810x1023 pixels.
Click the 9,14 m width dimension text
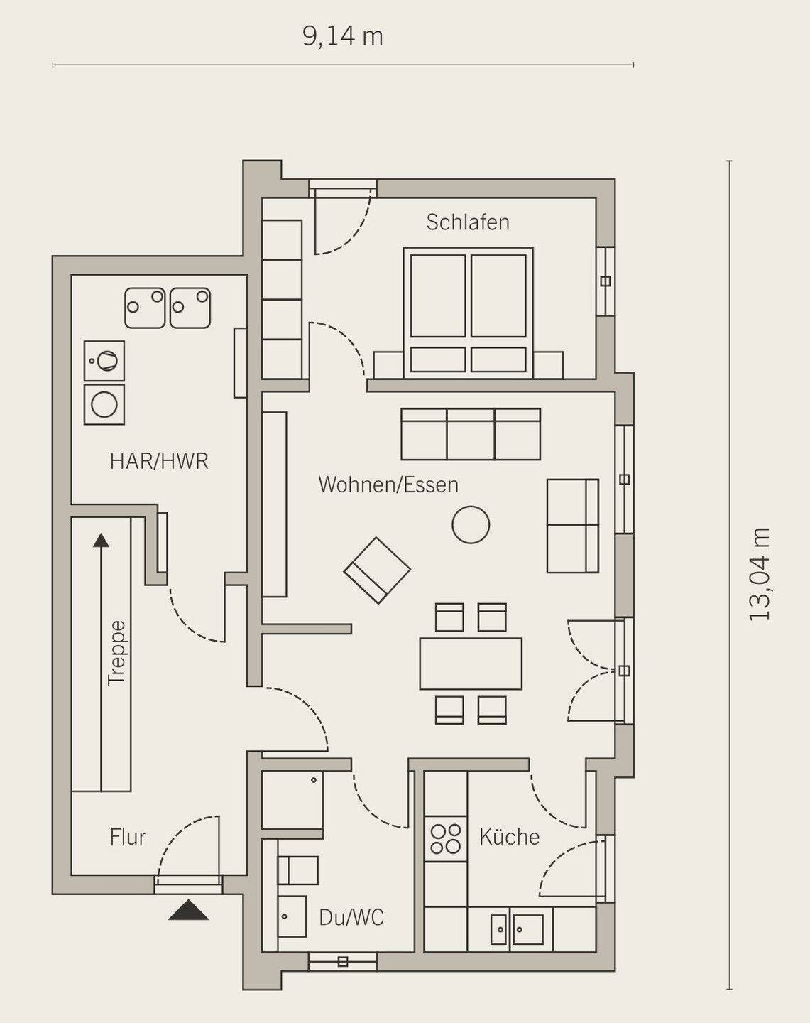342,37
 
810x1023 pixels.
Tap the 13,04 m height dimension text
759,574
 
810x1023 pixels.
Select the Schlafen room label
468,222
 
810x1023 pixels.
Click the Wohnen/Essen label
388,485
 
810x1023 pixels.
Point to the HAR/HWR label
159,461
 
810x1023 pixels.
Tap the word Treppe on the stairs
117,653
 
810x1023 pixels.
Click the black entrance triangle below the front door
189,910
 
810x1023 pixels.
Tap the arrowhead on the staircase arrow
101,540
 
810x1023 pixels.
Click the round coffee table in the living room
471,524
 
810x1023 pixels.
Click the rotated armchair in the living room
377,570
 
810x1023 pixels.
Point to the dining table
471,664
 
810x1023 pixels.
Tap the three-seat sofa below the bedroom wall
471,434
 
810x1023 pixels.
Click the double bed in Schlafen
469,313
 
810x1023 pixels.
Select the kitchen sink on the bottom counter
517,930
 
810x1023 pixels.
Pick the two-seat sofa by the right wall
572,525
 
